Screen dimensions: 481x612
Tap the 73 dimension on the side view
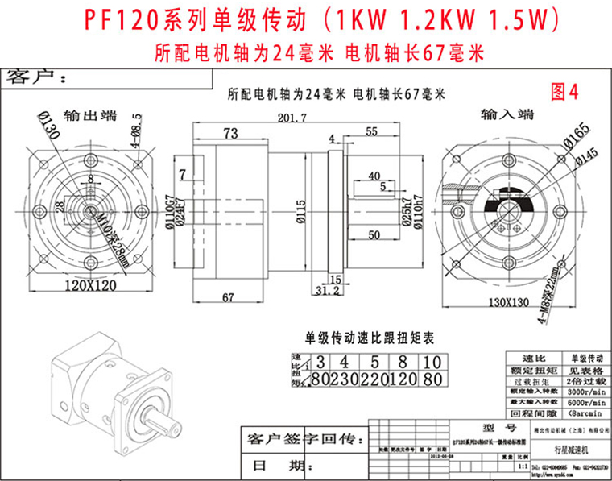click(230, 132)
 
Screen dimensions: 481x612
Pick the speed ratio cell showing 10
click(432, 362)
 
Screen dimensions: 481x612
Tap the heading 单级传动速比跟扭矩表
click(370, 338)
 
